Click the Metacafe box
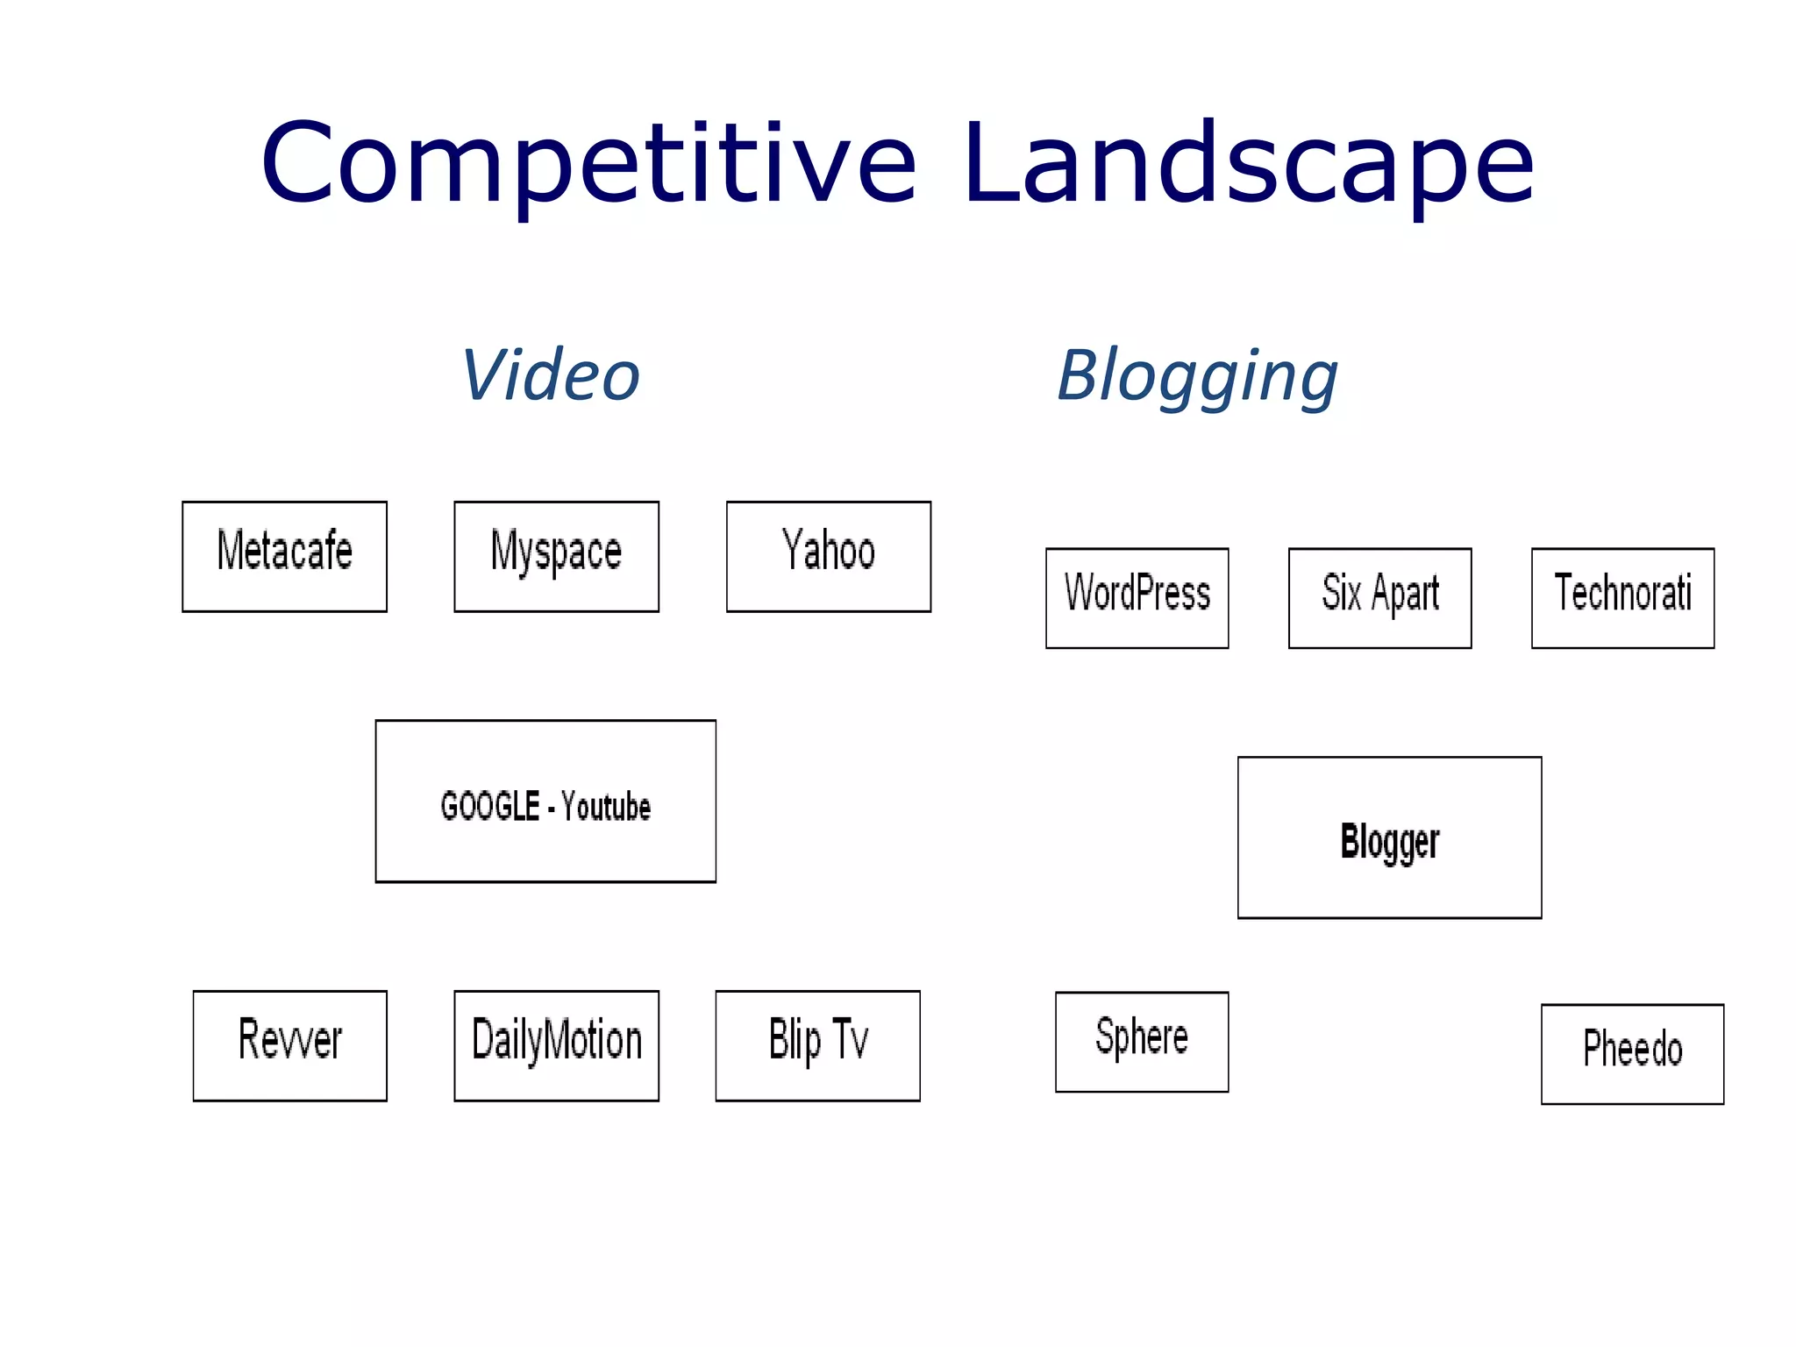284,556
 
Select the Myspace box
556,556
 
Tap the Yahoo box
828,556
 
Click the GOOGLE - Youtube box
545,801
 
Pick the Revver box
289,1045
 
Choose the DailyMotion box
556,1045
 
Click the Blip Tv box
817,1045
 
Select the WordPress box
1137,598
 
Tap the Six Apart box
1379,598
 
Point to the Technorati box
1622,598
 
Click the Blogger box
1389,837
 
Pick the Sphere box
1142,1042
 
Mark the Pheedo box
1632,1053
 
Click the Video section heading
551,375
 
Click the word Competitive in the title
588,165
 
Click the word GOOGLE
489,806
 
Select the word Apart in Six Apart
1405,595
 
